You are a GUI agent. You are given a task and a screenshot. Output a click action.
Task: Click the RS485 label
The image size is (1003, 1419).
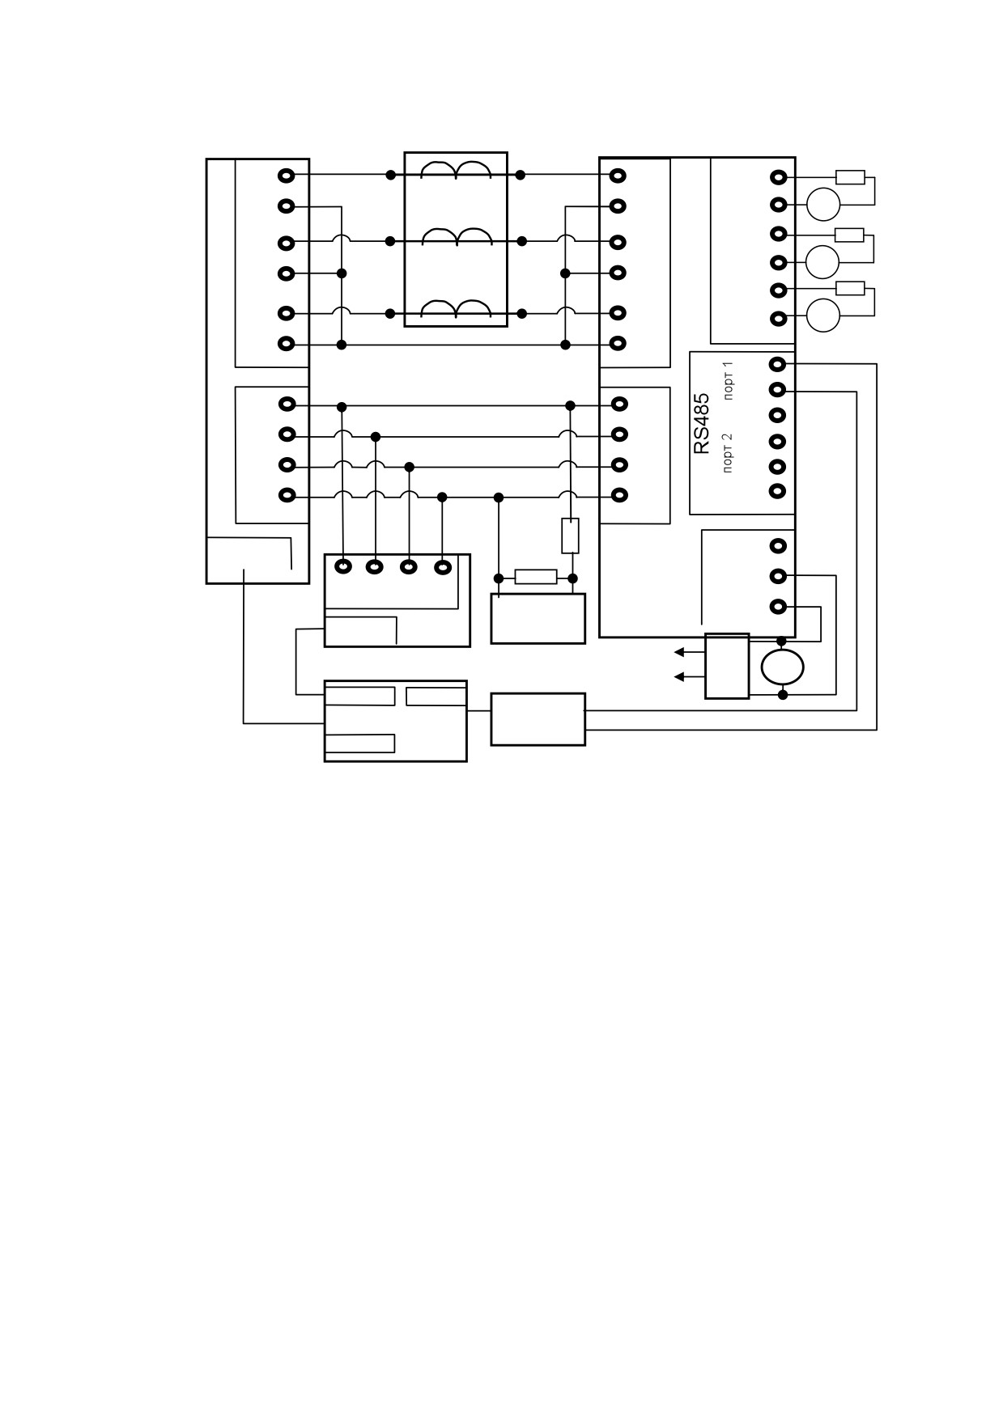pyautogui.click(x=702, y=423)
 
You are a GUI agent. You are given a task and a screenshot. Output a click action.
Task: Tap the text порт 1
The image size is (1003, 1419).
pyautogui.click(x=729, y=381)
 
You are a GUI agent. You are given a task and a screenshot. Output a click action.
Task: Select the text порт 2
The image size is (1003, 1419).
pyautogui.click(x=729, y=452)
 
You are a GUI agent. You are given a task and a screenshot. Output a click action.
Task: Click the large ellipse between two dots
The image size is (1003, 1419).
pyautogui.click(x=782, y=667)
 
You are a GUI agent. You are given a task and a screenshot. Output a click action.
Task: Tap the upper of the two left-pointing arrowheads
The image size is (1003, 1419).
pyautogui.click(x=679, y=651)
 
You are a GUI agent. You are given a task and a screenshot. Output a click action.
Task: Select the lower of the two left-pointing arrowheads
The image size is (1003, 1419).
pyautogui.click(x=679, y=676)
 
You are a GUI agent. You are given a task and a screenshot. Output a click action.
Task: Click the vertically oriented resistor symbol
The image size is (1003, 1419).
pyautogui.click(x=570, y=536)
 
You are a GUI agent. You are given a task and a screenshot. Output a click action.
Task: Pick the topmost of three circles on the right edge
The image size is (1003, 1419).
pyautogui.click(x=824, y=203)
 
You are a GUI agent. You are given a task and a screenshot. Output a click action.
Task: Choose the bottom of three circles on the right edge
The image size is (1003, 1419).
pyautogui.click(x=824, y=315)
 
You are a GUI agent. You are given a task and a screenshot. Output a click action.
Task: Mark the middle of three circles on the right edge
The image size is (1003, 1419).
pyautogui.click(x=822, y=261)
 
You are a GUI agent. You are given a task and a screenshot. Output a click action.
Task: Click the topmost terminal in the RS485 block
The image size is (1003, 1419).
pyautogui.click(x=778, y=364)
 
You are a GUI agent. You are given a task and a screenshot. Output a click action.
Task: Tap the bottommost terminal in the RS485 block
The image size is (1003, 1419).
pyautogui.click(x=778, y=490)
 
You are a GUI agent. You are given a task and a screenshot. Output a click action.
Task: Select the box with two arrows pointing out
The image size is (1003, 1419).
pyautogui.click(x=727, y=665)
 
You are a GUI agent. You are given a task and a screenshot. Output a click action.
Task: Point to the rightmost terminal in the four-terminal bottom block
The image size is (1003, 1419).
pyautogui.click(x=442, y=567)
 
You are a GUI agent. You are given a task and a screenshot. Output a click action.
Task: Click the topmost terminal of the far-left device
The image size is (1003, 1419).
pyautogui.click(x=287, y=176)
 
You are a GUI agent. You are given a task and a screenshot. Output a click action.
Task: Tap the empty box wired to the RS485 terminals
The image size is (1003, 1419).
pyautogui.click(x=538, y=719)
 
